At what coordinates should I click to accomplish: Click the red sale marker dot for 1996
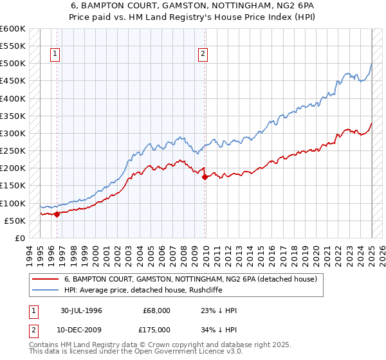coord(57,215)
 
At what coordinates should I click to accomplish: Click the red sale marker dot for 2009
coord(205,177)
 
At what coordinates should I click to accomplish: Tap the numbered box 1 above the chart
coord(55,55)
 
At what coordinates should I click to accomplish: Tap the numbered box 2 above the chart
coord(203,55)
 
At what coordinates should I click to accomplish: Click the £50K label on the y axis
coord(15,221)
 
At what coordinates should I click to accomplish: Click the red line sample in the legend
coord(45,280)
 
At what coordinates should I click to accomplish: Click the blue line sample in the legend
coord(45,289)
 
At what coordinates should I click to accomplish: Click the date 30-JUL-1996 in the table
coord(81,310)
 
